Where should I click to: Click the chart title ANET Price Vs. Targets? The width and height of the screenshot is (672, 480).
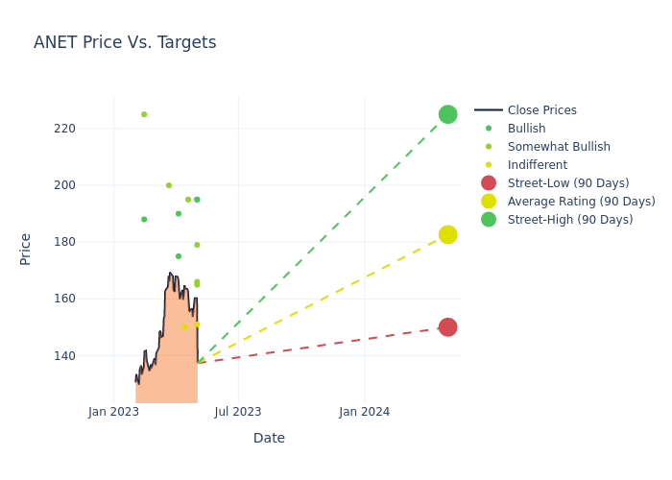[125, 42]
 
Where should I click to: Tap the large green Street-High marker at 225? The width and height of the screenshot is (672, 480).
[447, 114]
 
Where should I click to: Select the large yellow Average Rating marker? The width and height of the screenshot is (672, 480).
[447, 234]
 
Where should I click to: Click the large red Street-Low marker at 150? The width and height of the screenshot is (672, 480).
[447, 327]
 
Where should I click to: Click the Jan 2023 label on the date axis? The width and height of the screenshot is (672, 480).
[113, 412]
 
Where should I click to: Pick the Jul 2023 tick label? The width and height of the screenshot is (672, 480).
[238, 412]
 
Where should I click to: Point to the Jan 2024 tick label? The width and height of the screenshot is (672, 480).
[364, 412]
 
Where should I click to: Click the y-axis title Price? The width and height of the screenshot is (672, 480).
[26, 249]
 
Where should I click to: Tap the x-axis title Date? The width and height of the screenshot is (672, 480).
[269, 439]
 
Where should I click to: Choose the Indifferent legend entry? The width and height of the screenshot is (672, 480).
[537, 165]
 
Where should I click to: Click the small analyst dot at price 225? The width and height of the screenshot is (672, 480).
[144, 114]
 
